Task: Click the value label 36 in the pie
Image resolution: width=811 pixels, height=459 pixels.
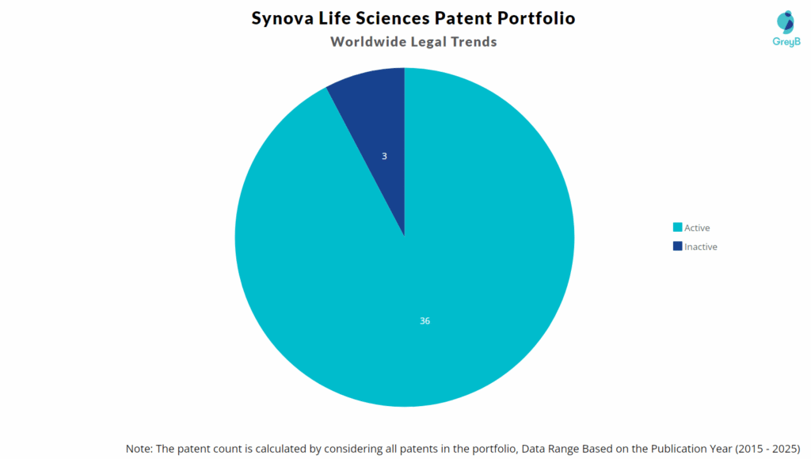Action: [425, 321]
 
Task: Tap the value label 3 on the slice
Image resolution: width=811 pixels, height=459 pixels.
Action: [384, 157]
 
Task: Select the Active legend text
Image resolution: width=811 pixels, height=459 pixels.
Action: [697, 228]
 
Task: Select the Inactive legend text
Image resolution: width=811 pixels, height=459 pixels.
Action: [700, 247]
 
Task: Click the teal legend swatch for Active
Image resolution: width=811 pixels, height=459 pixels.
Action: [677, 228]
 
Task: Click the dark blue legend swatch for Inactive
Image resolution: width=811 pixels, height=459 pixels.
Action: [677, 247]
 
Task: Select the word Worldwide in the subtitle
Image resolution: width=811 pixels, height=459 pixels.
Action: [367, 42]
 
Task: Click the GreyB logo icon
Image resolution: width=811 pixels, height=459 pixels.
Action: [785, 22]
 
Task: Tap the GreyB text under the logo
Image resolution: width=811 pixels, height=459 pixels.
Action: [785, 42]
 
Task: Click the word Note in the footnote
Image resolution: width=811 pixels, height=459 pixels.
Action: [139, 448]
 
